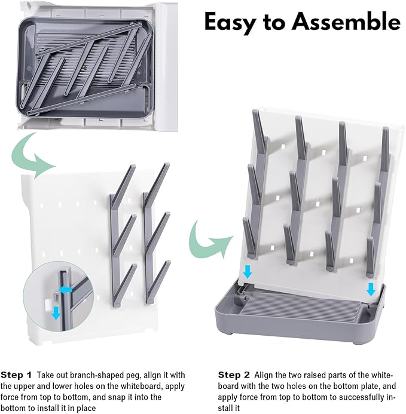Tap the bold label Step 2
pos(234,375)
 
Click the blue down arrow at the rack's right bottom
pos(371,289)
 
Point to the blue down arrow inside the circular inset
pos(56,312)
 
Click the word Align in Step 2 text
pos(264,375)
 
